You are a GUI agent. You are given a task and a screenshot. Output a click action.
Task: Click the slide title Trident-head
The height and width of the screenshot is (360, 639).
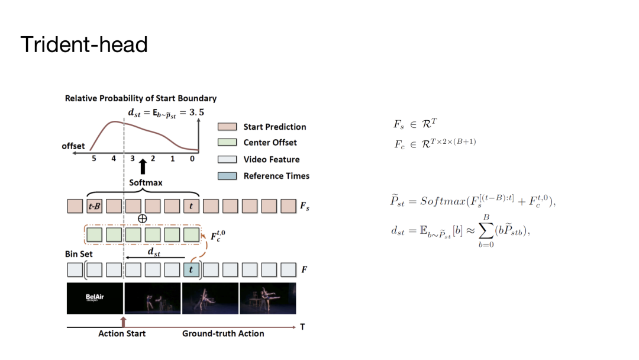click(83, 44)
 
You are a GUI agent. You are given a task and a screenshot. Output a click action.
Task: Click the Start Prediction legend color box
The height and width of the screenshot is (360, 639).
click(227, 127)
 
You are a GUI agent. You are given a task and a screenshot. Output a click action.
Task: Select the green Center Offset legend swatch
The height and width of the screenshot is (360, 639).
click(227, 143)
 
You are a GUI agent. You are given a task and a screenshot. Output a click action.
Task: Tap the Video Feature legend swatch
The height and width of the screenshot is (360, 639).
click(227, 159)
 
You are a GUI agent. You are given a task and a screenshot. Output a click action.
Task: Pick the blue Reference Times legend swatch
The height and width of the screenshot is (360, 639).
click(227, 176)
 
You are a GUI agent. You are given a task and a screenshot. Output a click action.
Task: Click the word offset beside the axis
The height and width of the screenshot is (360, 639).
click(73, 146)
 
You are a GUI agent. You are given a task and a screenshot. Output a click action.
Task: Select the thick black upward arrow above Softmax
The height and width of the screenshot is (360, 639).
click(142, 166)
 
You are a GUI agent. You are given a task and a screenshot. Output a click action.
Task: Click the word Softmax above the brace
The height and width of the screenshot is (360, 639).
click(146, 183)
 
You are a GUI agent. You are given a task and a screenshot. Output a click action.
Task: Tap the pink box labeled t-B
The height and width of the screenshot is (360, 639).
click(94, 207)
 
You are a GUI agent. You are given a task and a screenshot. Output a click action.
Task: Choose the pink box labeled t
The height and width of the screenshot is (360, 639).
click(191, 207)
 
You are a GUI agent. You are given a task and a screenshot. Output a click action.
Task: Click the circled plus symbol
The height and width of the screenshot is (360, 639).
click(142, 219)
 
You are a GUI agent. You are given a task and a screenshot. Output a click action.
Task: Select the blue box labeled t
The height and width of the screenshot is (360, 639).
click(191, 270)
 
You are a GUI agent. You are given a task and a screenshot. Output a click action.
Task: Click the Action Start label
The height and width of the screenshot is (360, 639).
click(122, 333)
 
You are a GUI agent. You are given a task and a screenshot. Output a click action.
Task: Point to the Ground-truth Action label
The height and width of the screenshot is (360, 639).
click(223, 333)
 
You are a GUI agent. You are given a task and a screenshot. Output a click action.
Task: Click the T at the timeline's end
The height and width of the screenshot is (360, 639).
click(302, 327)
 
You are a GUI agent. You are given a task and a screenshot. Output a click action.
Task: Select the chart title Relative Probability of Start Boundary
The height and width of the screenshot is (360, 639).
click(141, 98)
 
